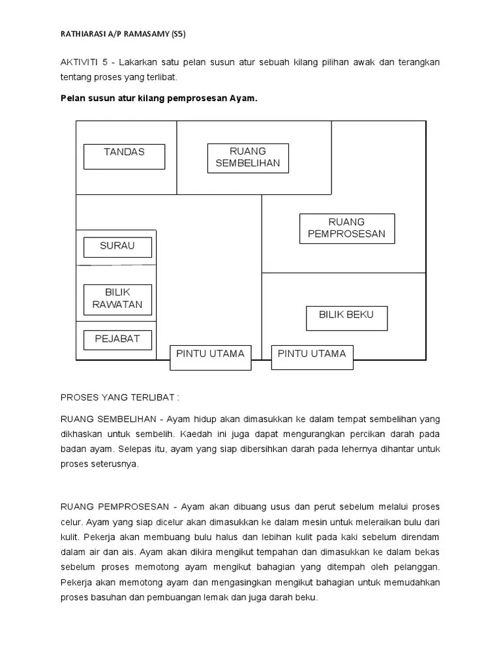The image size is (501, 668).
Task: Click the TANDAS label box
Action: click(x=124, y=157)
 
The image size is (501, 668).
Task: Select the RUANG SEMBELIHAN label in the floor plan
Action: click(x=248, y=158)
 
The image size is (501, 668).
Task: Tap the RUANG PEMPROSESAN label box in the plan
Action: click(x=347, y=228)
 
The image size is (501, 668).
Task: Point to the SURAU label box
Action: click(x=117, y=247)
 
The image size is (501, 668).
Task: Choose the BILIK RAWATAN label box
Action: click(x=117, y=299)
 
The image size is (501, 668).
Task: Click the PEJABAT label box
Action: click(x=117, y=339)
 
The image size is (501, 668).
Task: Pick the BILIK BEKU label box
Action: click(x=346, y=318)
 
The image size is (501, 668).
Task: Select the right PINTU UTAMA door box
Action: click(x=312, y=357)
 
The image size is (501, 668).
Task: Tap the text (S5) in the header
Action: click(x=176, y=35)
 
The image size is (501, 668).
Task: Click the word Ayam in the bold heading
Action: click(x=244, y=99)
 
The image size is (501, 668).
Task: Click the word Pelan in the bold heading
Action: click(x=72, y=99)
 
